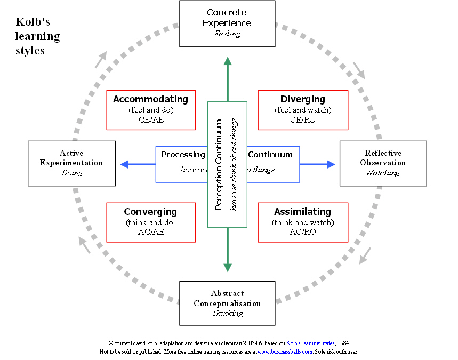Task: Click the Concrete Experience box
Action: pos(227,23)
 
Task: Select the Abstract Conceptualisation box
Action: pos(227,303)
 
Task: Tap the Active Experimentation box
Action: pos(71,163)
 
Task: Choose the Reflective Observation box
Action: pos(383,163)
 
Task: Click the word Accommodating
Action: pos(150,99)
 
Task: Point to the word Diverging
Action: pos(302,99)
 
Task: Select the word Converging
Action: pos(150,212)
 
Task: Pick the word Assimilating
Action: pos(302,212)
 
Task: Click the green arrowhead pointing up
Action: pos(228,62)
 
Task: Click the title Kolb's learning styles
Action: pos(37,36)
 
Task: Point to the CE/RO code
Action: pos(303,119)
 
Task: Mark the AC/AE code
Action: pos(150,232)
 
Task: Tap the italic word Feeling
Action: pos(227,34)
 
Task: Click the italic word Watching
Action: pos(383,173)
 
